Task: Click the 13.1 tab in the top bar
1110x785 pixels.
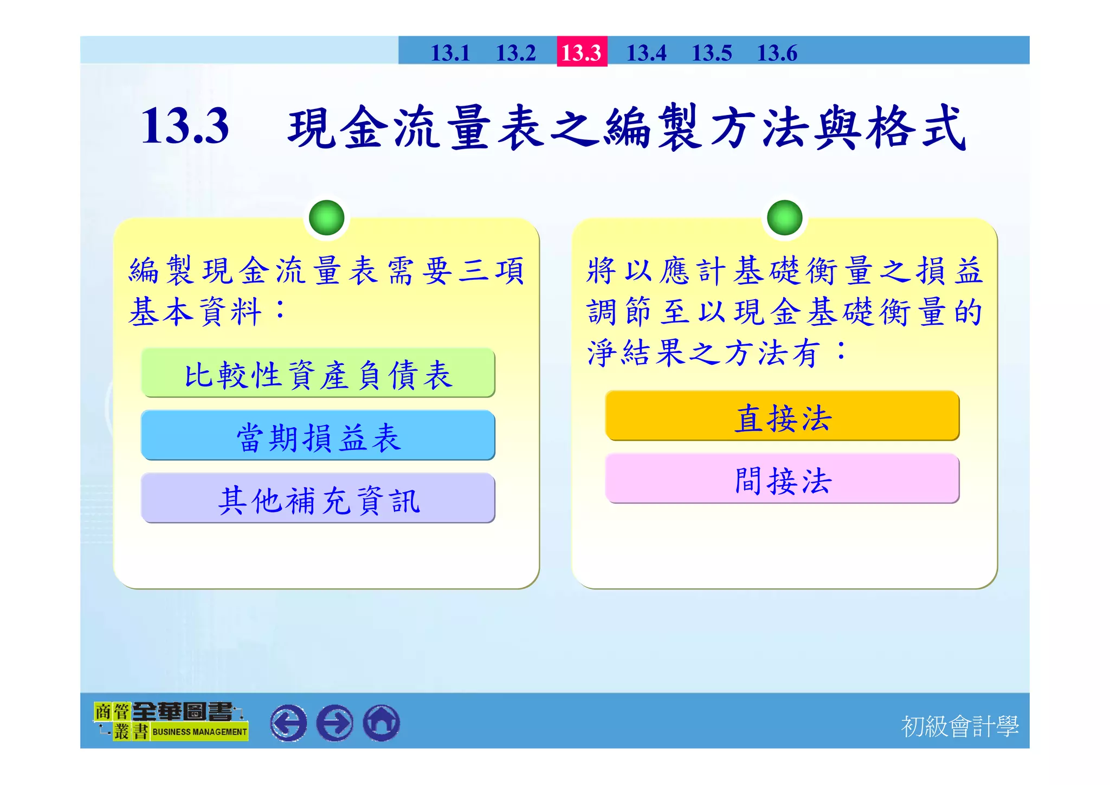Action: coord(450,53)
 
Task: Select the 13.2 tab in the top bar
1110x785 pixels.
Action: coord(515,53)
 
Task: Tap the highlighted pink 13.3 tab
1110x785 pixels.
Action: coord(582,52)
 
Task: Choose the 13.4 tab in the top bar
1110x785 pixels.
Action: coord(646,53)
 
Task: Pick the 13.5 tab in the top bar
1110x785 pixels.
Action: coord(712,53)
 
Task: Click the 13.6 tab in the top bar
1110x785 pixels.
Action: coord(777,53)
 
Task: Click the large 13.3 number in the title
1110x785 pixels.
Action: coord(185,126)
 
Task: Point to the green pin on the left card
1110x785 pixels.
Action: coord(326,217)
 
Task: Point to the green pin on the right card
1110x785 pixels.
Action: coord(784,217)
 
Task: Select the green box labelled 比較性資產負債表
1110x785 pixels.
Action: coord(318,374)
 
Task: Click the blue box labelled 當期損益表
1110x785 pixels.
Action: coord(318,436)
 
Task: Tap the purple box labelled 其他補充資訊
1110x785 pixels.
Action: coord(318,499)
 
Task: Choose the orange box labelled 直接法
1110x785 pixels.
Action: coord(782,416)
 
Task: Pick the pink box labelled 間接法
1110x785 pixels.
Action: coord(782,479)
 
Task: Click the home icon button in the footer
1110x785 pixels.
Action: coord(382,723)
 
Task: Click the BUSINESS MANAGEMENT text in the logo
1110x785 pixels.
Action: coord(199,731)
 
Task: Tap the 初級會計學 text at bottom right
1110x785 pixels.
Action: coord(959,726)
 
